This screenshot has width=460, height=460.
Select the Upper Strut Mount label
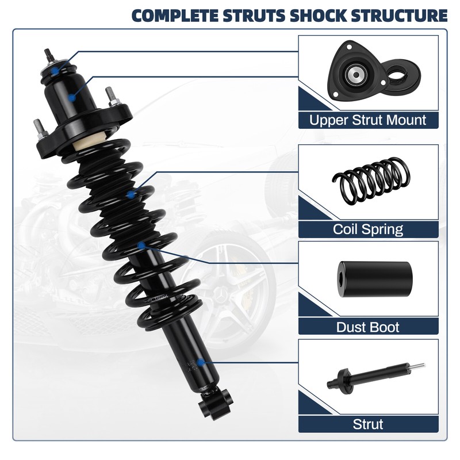pos(368,120)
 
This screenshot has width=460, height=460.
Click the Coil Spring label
pos(368,229)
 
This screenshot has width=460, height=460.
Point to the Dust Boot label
pos(368,327)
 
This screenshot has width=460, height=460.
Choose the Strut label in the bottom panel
pos(368,425)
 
